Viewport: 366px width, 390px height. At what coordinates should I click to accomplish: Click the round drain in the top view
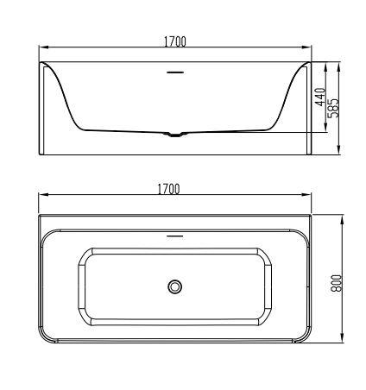click(175, 285)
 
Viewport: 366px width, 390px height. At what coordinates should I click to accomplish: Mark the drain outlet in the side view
click(175, 134)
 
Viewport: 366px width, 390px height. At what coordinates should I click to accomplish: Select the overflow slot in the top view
click(175, 234)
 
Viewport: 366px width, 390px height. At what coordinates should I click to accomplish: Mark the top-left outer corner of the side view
click(40, 61)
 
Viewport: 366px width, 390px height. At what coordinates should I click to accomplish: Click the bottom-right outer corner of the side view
click(310, 155)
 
